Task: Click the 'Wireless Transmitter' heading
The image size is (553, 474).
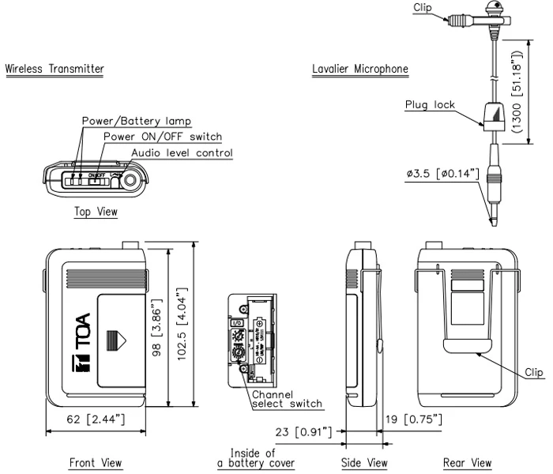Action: (x=55, y=69)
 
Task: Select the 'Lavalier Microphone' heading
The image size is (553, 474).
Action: (x=360, y=69)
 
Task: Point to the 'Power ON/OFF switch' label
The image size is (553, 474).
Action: (x=163, y=137)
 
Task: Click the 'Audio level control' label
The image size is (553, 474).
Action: (x=182, y=152)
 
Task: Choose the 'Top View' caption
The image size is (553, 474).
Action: (x=96, y=212)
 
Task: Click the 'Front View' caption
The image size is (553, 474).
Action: (x=96, y=463)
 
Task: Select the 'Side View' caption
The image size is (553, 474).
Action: (x=364, y=463)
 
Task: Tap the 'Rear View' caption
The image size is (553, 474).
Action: (x=467, y=463)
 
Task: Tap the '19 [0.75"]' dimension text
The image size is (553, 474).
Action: (x=414, y=416)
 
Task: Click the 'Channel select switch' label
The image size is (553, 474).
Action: (x=287, y=399)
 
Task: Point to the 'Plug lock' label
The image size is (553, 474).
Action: (x=430, y=105)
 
